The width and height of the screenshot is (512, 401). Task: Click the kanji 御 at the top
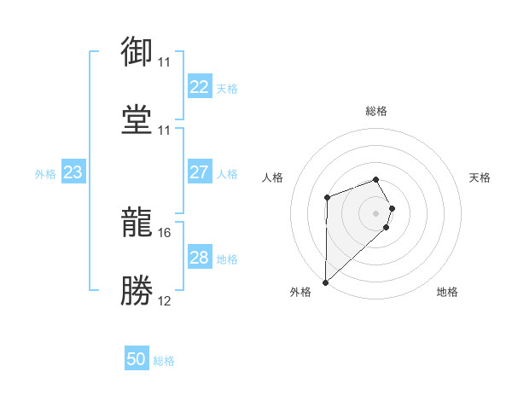tap(137, 52)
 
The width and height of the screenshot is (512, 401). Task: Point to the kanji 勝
tap(137, 288)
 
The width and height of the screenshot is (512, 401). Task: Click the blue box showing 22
tap(199, 87)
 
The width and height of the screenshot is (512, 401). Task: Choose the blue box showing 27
tap(199, 172)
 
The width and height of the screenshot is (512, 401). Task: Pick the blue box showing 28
tap(199, 258)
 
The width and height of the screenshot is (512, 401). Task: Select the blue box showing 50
tap(137, 359)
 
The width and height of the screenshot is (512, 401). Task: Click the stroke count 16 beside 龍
tap(164, 232)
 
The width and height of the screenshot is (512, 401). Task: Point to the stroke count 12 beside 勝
tap(164, 299)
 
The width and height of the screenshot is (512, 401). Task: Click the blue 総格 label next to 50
tap(164, 361)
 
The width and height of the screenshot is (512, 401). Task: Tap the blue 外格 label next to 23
tap(45, 174)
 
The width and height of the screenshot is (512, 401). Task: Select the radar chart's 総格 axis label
tap(376, 111)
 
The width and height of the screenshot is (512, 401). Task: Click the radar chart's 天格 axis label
tap(480, 177)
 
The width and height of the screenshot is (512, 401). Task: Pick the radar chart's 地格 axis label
tap(447, 292)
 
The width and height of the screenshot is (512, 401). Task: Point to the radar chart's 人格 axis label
tap(273, 177)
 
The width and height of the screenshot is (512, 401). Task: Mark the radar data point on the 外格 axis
tap(325, 282)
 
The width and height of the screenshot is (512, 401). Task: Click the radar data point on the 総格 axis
tap(376, 179)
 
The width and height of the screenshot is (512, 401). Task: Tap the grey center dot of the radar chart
tap(376, 212)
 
